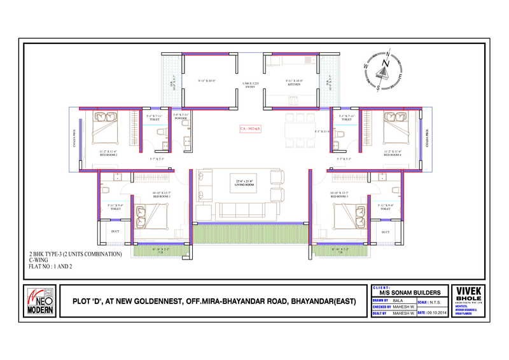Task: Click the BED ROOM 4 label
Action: point(392,154)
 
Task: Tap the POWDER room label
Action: point(180,118)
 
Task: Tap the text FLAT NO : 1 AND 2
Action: point(51,267)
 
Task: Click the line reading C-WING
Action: point(39,260)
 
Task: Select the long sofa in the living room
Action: point(242,211)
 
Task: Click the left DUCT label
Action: point(115,232)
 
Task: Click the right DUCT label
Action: point(386,232)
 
